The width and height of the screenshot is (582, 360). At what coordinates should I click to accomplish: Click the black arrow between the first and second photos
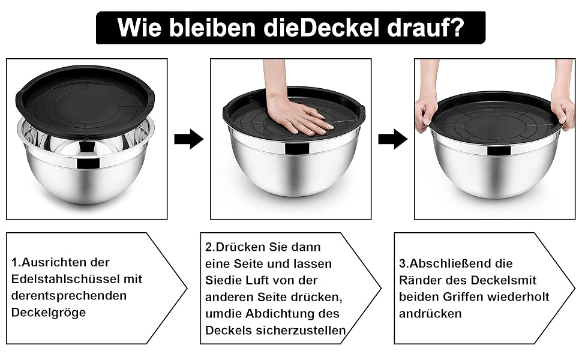189,139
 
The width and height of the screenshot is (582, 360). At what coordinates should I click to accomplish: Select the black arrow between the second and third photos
393,139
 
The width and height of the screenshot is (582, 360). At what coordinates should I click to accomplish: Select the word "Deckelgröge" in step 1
49,313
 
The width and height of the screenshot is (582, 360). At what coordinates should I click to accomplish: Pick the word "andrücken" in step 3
430,314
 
